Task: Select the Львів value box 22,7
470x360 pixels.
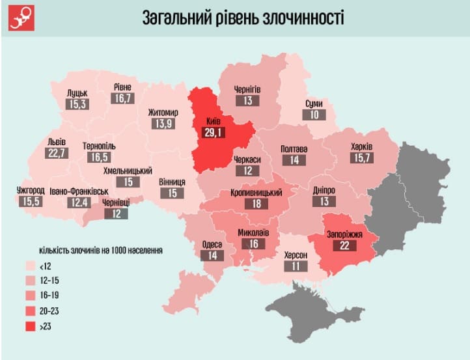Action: pos(57,154)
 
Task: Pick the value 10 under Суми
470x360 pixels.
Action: pos(314,115)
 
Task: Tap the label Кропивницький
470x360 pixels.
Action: pos(256,193)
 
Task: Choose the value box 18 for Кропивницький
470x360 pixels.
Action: pos(256,204)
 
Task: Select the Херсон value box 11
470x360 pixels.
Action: pos(296,266)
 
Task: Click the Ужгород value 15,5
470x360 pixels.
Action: pos(31,202)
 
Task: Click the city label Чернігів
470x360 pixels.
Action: pos(247,89)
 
